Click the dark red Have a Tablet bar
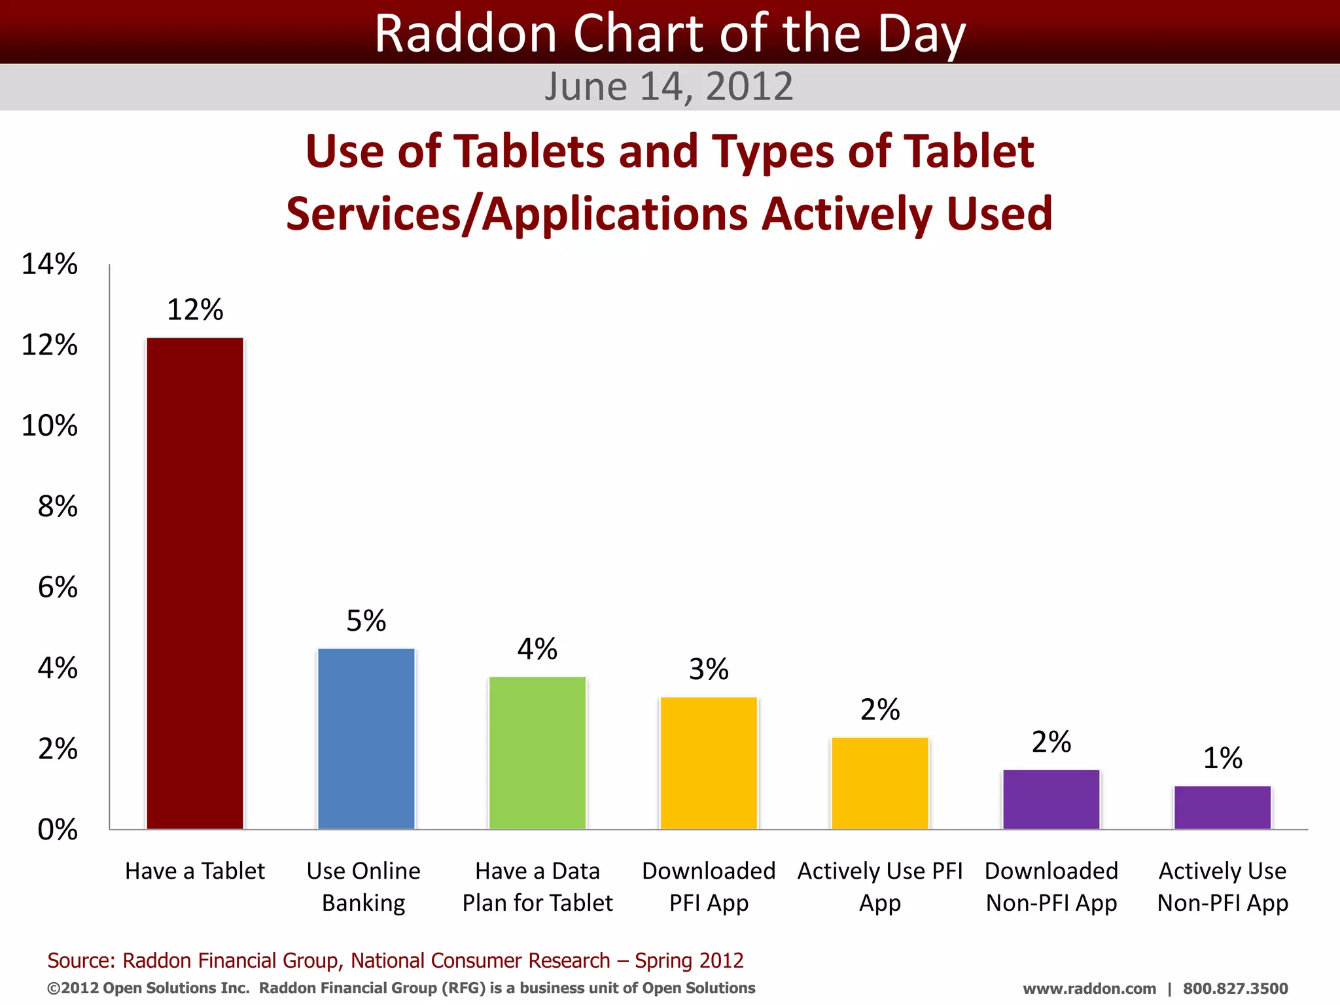pos(195,583)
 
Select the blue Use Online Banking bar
pos(366,739)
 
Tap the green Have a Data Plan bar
pos(537,753)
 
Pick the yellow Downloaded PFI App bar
pos(709,763)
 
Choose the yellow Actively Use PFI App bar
pos(880,783)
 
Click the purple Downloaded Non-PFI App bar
pos(1051,800)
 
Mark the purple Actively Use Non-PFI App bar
pos(1222,807)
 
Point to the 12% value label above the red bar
pos(195,309)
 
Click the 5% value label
pos(366,620)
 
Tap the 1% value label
pos(1222,758)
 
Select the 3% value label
pos(709,669)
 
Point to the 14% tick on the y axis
pos(50,264)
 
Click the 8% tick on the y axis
pos(58,506)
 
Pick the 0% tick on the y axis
pos(58,830)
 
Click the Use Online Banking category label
pos(364,887)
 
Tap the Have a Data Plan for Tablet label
pos(537,887)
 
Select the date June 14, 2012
pos(669,86)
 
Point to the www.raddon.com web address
pos(1089,989)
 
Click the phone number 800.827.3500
pos(1235,989)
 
